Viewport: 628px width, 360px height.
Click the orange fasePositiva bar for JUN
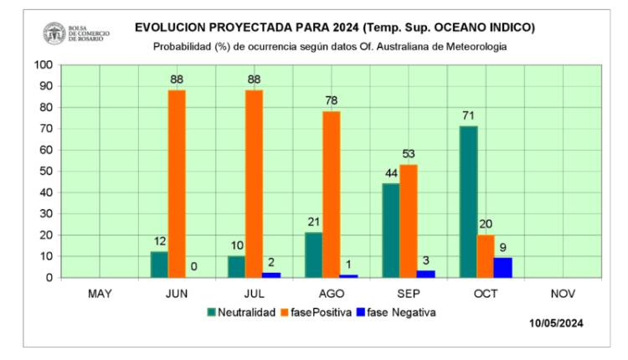pyautogui.click(x=177, y=183)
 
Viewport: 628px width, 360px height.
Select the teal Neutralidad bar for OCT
pyautogui.click(x=468, y=202)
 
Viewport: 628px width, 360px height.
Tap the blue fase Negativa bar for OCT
pyautogui.click(x=503, y=267)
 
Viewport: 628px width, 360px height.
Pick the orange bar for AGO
pyautogui.click(x=331, y=193)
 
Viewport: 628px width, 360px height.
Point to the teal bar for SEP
pyautogui.click(x=391, y=230)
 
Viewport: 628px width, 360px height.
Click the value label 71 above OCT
pyautogui.click(x=468, y=115)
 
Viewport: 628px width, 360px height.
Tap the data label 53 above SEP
pyautogui.click(x=409, y=153)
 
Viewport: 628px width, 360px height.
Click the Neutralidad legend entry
pyautogui.click(x=242, y=312)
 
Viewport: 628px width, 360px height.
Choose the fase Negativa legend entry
pyautogui.click(x=394, y=312)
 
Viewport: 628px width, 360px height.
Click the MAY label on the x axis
pyautogui.click(x=100, y=293)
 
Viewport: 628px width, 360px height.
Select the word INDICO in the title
pyautogui.click(x=507, y=28)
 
